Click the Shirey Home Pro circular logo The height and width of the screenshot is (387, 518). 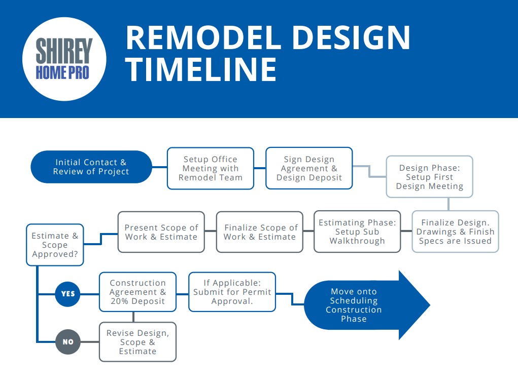[64, 59]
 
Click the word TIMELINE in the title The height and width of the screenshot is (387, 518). [201, 69]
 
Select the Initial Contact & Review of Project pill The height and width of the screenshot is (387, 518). [91, 167]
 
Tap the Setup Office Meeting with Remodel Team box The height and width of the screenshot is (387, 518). [211, 168]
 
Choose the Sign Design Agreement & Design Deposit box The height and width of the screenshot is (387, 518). [309, 168]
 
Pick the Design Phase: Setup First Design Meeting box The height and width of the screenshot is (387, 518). [429, 177]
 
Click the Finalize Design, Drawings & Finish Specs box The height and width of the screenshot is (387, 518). [455, 231]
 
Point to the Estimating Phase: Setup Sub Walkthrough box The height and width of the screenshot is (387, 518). [357, 231]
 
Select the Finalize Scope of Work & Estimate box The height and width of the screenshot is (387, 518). [260, 232]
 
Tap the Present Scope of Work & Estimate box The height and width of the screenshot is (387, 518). [161, 232]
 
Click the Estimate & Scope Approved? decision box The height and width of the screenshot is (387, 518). [55, 245]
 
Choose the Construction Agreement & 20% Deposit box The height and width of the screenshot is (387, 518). [138, 292]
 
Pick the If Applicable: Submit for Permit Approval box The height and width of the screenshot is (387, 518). [232, 292]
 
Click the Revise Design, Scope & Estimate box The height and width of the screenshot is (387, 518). [138, 342]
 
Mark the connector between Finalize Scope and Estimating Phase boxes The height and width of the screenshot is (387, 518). [308, 231]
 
